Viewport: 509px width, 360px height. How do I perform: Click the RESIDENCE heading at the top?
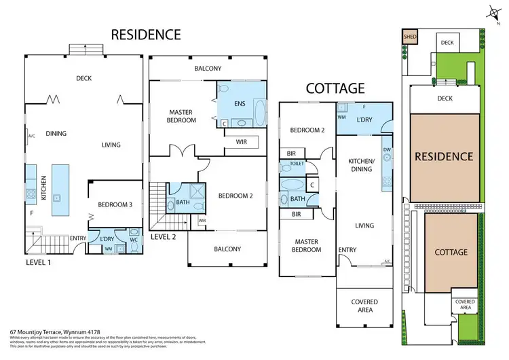point(146,34)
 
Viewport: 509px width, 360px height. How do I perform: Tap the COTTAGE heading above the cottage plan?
point(335,88)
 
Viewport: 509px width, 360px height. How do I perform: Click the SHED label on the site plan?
point(409,37)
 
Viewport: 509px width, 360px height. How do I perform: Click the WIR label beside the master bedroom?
point(241,142)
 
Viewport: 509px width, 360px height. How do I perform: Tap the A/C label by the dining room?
point(31,136)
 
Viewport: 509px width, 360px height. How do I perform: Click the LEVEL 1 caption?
point(39,262)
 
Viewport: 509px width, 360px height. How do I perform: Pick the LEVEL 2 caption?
point(164,237)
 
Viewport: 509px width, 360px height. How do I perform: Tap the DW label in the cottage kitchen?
point(386,150)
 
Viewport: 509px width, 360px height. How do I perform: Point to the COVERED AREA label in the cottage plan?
point(364,306)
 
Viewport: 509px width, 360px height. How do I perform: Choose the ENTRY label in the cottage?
point(347,250)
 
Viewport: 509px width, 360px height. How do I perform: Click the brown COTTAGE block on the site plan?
point(451,252)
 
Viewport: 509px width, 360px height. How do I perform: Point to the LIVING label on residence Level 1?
point(111,145)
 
